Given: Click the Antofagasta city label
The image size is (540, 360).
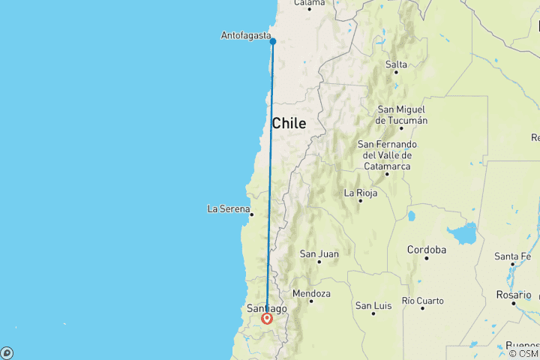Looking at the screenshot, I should (x=245, y=35).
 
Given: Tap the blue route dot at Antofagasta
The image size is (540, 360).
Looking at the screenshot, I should (x=273, y=41).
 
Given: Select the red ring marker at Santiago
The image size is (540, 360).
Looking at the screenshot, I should (x=267, y=319).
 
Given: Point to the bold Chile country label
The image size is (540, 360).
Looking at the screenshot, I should (x=289, y=124).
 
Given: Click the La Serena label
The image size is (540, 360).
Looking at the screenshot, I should (x=228, y=208).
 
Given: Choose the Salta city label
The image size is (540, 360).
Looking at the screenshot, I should (x=396, y=64).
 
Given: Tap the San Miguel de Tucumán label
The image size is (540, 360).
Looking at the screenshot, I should (x=402, y=115).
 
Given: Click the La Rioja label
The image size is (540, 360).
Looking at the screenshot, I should (x=359, y=193).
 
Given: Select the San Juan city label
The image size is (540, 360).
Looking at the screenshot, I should (x=319, y=254).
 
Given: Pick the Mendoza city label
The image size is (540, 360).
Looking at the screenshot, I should (x=311, y=293).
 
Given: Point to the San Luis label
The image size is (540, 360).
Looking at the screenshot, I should (x=373, y=305).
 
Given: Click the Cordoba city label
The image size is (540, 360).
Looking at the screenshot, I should (x=427, y=250).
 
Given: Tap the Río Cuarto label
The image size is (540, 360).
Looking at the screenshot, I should (x=422, y=301).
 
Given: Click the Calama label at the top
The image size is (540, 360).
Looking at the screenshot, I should (x=309, y=3).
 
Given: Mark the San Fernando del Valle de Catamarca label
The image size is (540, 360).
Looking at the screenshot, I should (x=387, y=155).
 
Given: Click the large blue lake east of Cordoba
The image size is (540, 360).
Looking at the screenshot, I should (x=466, y=234).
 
